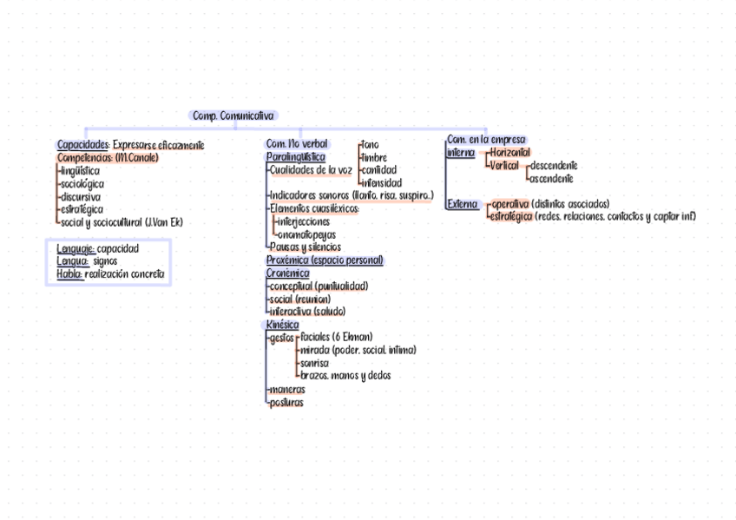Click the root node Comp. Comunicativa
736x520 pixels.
(x=233, y=115)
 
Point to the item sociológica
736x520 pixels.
(x=82, y=184)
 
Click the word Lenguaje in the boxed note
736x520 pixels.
(x=76, y=249)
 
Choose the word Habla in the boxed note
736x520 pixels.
(x=69, y=274)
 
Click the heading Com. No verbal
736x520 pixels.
(x=297, y=144)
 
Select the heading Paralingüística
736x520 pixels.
(x=295, y=157)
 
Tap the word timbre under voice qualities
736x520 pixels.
(x=375, y=158)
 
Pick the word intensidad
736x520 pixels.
(x=381, y=183)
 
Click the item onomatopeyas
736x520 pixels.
(x=305, y=234)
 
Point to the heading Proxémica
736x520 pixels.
(x=287, y=260)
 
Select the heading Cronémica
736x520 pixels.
(x=287, y=273)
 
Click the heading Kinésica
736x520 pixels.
(x=282, y=324)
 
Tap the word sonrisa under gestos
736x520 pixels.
(x=313, y=363)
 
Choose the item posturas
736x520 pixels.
(x=286, y=402)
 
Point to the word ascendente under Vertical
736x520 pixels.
(x=550, y=178)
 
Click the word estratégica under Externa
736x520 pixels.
(x=511, y=216)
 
